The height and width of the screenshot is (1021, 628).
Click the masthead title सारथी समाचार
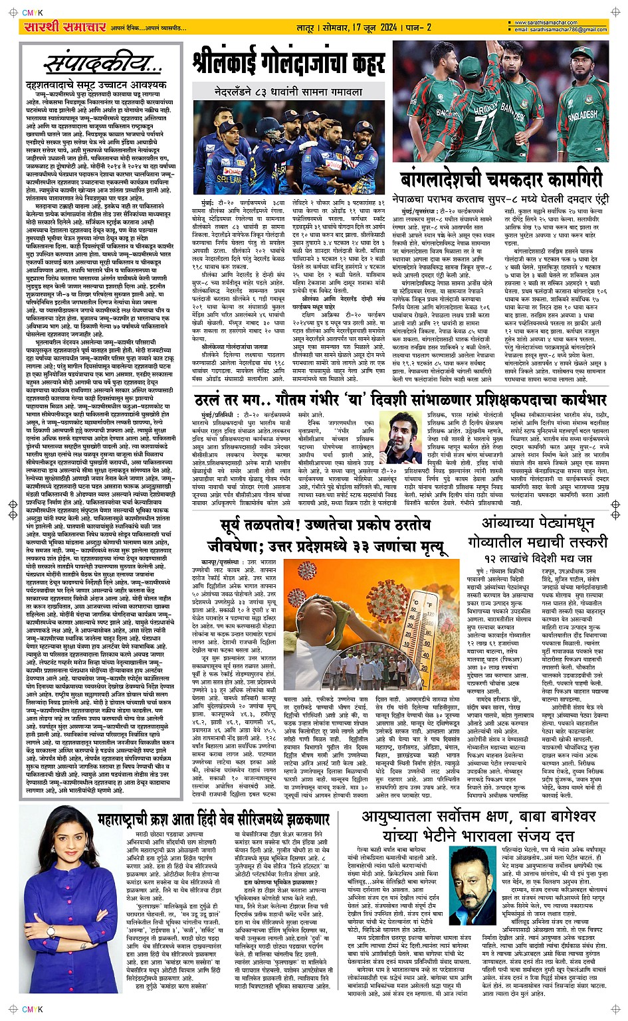(x=56, y=27)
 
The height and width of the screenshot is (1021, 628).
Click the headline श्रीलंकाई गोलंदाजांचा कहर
(x=288, y=64)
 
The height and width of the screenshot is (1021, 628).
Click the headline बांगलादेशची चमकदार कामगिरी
(x=501, y=179)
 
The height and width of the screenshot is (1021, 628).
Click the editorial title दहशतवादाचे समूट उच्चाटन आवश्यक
(x=96, y=84)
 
